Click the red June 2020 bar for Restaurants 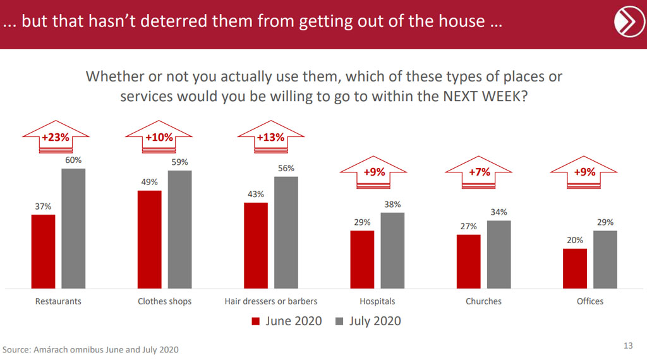pyautogui.click(x=43, y=251)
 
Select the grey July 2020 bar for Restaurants pyautogui.click(x=73, y=228)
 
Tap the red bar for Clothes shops pyautogui.click(x=149, y=239)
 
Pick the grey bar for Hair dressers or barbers pyautogui.click(x=286, y=232)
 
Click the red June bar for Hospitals pyautogui.click(x=362, y=259)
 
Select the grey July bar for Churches pyautogui.click(x=499, y=254)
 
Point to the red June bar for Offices pyautogui.click(x=575, y=268)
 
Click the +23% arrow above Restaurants pyautogui.click(x=56, y=138)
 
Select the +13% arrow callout pyautogui.click(x=270, y=138)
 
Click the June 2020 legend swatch pyautogui.click(x=256, y=321)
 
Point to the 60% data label pyautogui.click(x=73, y=160)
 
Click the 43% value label pyautogui.click(x=255, y=195)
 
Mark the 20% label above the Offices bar pyautogui.click(x=575, y=241)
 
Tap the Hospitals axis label pyautogui.click(x=377, y=301)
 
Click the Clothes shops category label pyautogui.click(x=164, y=301)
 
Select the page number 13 pyautogui.click(x=627, y=345)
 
